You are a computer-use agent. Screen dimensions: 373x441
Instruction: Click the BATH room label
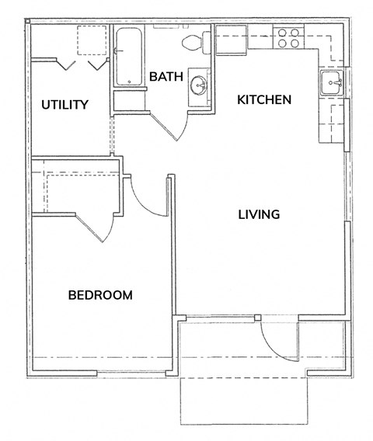click(x=166, y=77)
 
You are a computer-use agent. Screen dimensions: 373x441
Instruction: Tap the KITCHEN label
click(x=264, y=100)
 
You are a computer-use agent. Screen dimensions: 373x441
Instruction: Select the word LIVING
click(x=259, y=214)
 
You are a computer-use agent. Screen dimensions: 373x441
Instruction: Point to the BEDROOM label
click(x=100, y=295)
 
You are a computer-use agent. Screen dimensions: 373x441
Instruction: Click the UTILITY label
click(x=65, y=105)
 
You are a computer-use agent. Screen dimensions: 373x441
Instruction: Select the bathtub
click(x=129, y=56)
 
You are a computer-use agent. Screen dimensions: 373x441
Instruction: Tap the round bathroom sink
click(x=198, y=85)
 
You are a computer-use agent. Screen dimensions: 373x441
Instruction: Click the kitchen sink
click(x=332, y=82)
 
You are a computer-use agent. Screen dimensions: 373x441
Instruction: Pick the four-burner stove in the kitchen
click(x=288, y=38)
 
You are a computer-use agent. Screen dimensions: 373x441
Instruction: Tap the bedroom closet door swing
click(x=96, y=228)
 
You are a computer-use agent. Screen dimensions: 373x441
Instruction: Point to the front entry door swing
click(x=279, y=342)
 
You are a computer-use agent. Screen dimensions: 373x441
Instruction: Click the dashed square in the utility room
click(x=92, y=40)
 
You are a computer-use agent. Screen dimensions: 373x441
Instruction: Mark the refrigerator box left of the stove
click(x=231, y=40)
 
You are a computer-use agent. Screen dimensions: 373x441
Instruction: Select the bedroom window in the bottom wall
click(x=131, y=373)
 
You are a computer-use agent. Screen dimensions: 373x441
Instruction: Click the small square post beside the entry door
click(x=257, y=318)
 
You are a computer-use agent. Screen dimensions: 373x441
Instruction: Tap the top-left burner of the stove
click(x=282, y=33)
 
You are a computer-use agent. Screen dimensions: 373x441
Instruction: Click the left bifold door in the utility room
click(x=66, y=64)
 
